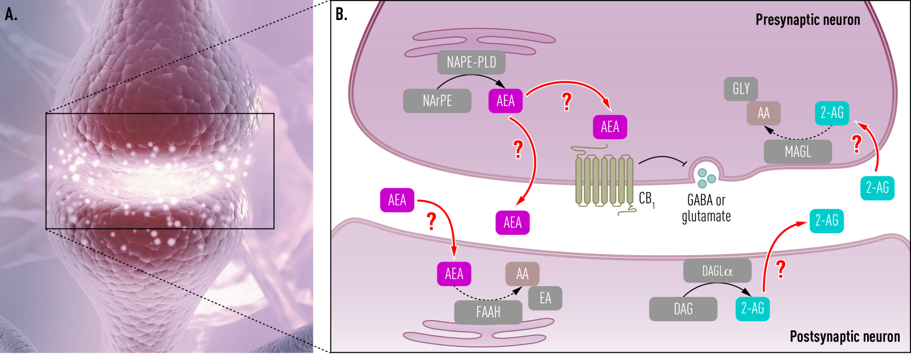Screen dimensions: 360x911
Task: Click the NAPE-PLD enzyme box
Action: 471,63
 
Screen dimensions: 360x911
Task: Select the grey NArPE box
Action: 437,101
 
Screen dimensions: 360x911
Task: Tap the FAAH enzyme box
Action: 488,312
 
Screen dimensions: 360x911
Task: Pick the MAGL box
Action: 797,152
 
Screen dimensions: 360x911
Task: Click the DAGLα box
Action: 717,271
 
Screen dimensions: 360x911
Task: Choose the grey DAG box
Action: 683,309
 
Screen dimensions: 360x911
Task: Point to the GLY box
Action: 741,89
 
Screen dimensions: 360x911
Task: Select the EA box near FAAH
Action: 545,298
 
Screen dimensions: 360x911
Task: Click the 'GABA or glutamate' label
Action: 706,208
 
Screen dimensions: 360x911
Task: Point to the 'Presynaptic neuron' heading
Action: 807,20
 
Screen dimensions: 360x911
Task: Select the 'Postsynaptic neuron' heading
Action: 844,337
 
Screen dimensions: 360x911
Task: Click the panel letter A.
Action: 11,14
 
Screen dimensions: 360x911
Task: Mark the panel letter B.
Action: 341,14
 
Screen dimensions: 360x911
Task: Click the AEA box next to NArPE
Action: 506,101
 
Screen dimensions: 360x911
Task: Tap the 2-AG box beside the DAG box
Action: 752,309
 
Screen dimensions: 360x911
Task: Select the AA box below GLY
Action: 764,113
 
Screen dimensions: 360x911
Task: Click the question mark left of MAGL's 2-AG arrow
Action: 856,144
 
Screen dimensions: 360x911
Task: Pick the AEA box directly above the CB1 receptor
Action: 610,127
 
